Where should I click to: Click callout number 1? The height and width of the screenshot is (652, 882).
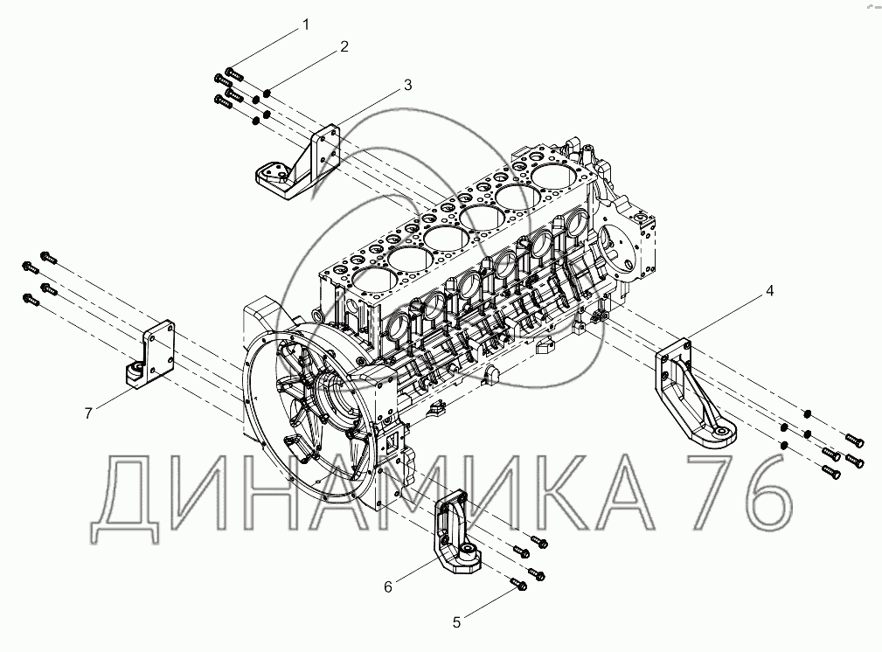[306, 24]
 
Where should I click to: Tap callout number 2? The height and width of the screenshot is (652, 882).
[344, 46]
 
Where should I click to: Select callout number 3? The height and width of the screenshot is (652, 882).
[408, 85]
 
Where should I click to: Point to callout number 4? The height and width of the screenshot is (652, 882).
[770, 291]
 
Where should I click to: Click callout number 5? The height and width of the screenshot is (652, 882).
[457, 622]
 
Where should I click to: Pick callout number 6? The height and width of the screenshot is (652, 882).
[388, 587]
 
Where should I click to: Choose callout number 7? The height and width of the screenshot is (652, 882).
[88, 413]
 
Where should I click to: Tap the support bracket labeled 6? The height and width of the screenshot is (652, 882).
[455, 531]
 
